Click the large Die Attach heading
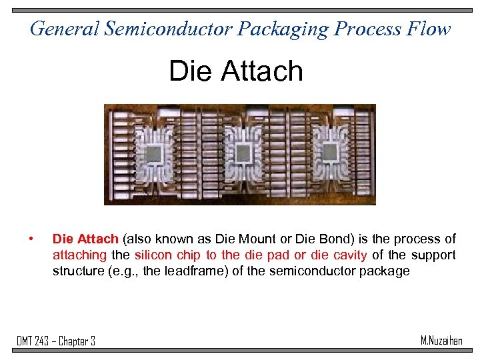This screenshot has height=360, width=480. point(236,71)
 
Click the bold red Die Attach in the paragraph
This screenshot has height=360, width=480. point(85,239)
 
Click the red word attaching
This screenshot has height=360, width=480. point(80,255)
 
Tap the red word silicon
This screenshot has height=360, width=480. point(152,255)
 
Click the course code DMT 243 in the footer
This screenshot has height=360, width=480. point(33,341)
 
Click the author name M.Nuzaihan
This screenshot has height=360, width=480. point(441,341)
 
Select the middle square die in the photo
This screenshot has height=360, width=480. point(243,153)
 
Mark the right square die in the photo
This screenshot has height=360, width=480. point(329,153)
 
